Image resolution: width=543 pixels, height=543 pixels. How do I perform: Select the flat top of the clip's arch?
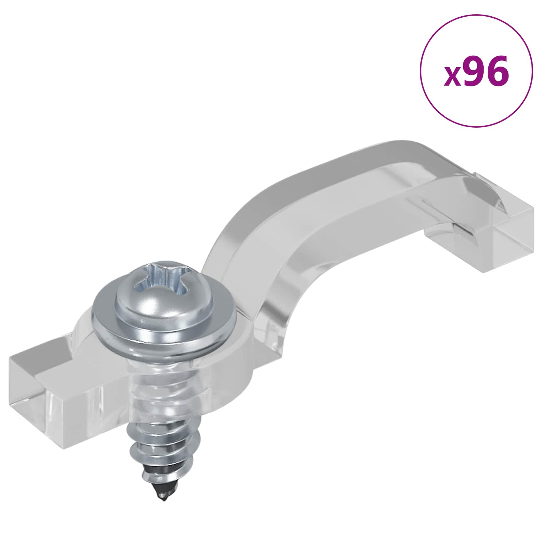(356, 163)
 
